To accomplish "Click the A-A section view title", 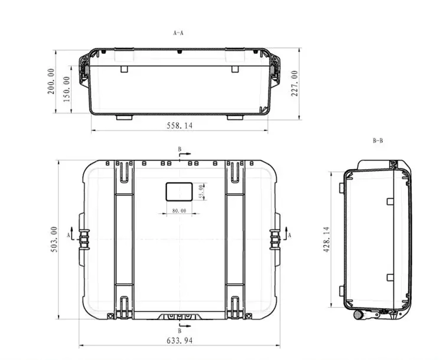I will pyautogui.click(x=178, y=33).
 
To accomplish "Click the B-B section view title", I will pyautogui.click(x=377, y=141).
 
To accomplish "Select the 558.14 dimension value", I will pyautogui.click(x=179, y=126).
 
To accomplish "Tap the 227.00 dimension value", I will pyautogui.click(x=294, y=83).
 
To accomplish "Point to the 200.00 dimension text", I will pyautogui.click(x=51, y=81).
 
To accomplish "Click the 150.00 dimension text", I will pyautogui.click(x=67, y=89).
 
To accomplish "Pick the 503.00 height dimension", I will pyautogui.click(x=54, y=239).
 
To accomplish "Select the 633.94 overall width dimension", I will pyautogui.click(x=179, y=341).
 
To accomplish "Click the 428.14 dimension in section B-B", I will pyautogui.click(x=327, y=239).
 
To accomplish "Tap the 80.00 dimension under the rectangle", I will pyautogui.click(x=179, y=211).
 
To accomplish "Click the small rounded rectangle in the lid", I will pyautogui.click(x=179, y=192).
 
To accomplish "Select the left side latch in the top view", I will pyautogui.click(x=84, y=239).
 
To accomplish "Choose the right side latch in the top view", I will pyautogui.click(x=275, y=239).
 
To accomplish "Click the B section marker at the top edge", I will pyautogui.click(x=180, y=150).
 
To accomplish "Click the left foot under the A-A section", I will pyautogui.click(x=124, y=117).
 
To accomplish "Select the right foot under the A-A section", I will pyautogui.click(x=235, y=117).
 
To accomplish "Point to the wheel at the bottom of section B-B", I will pyautogui.click(x=358, y=315).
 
